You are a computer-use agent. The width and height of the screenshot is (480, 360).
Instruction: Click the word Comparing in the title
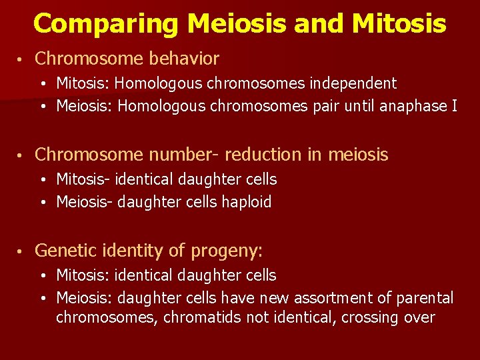(106, 24)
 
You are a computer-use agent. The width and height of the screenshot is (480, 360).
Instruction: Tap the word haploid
(247, 202)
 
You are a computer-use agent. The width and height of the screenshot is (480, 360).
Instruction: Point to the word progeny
(226, 251)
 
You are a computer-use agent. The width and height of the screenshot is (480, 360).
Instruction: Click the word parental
(425, 297)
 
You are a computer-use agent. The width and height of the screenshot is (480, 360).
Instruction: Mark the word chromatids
(209, 317)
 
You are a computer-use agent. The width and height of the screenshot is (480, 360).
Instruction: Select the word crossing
(371, 317)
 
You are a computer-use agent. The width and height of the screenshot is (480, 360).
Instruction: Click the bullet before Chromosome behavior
(22, 59)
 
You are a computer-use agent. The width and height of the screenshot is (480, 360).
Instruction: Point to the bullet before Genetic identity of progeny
(22, 251)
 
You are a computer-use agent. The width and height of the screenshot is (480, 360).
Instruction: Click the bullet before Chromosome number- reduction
(22, 155)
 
